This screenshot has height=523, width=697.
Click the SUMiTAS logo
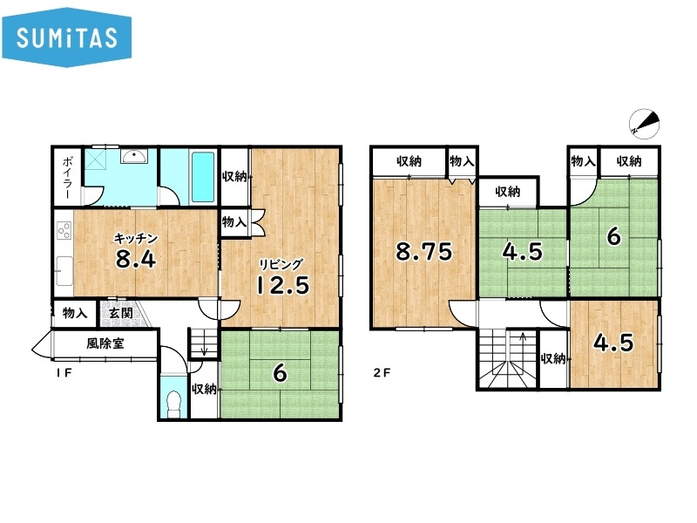pos(67,37)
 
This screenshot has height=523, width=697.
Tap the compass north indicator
pos(644,123)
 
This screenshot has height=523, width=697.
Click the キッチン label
pos(136,239)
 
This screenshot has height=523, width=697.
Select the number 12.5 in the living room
pos(282,285)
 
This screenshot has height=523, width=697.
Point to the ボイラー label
pos(68,178)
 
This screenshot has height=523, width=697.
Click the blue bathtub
pos(202,177)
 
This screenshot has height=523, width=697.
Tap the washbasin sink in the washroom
pos(134,156)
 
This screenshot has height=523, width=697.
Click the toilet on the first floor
pos(173,404)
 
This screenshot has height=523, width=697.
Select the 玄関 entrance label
pos(120,312)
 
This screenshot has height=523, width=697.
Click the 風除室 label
pos(105,343)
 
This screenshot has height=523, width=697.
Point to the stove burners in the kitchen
pos(64,231)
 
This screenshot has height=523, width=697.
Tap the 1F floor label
pos(64,373)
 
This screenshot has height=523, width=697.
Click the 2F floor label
pos(382,372)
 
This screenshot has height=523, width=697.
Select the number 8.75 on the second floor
pos(423,251)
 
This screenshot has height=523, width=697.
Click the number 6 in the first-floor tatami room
pos(280,373)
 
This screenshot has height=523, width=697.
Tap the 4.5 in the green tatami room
pos(522,251)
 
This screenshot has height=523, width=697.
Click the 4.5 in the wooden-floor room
pos(613,343)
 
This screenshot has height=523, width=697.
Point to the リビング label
pos(281,265)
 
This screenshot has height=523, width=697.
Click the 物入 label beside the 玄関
pos(75,313)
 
